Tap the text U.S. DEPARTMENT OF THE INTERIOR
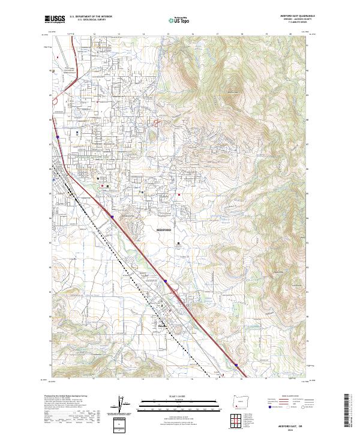[x=89, y=18]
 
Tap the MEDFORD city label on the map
[x=164, y=230]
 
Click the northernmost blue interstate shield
[x=58, y=137]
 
